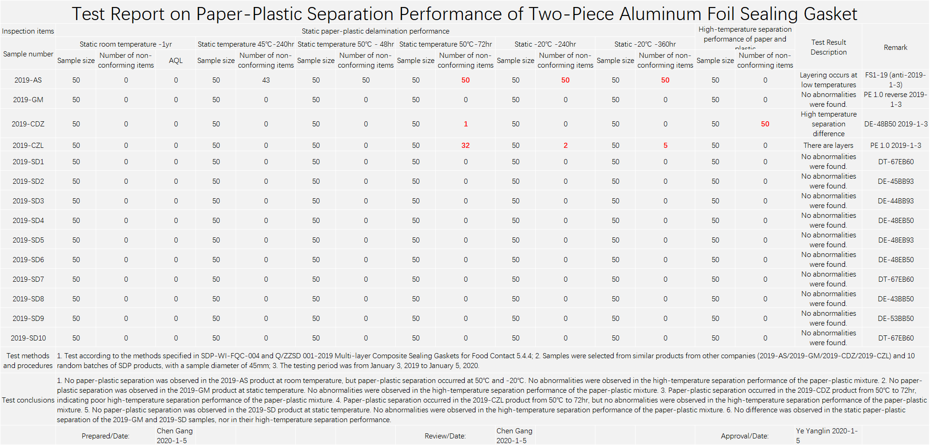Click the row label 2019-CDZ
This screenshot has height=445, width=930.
point(28,124)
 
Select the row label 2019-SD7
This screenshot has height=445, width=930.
point(28,279)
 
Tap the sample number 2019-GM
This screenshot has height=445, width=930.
point(28,100)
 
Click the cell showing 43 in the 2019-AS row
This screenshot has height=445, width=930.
point(266,80)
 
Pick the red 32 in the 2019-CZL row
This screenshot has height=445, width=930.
point(465,146)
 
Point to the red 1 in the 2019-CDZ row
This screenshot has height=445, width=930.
point(465,124)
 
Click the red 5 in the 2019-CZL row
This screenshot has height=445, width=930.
point(665,146)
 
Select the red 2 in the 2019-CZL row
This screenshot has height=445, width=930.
point(565,146)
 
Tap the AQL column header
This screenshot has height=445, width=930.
point(176,61)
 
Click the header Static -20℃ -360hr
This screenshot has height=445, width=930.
point(645,44)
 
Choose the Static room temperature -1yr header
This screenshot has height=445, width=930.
point(126,44)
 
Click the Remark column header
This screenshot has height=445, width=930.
point(895,48)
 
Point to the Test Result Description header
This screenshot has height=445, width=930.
point(828,47)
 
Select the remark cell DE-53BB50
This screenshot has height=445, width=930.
point(895,319)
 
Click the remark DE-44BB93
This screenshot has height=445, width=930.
point(895,201)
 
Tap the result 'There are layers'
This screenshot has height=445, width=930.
point(828,146)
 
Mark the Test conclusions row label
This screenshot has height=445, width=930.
point(28,400)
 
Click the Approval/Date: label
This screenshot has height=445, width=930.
point(744,436)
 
